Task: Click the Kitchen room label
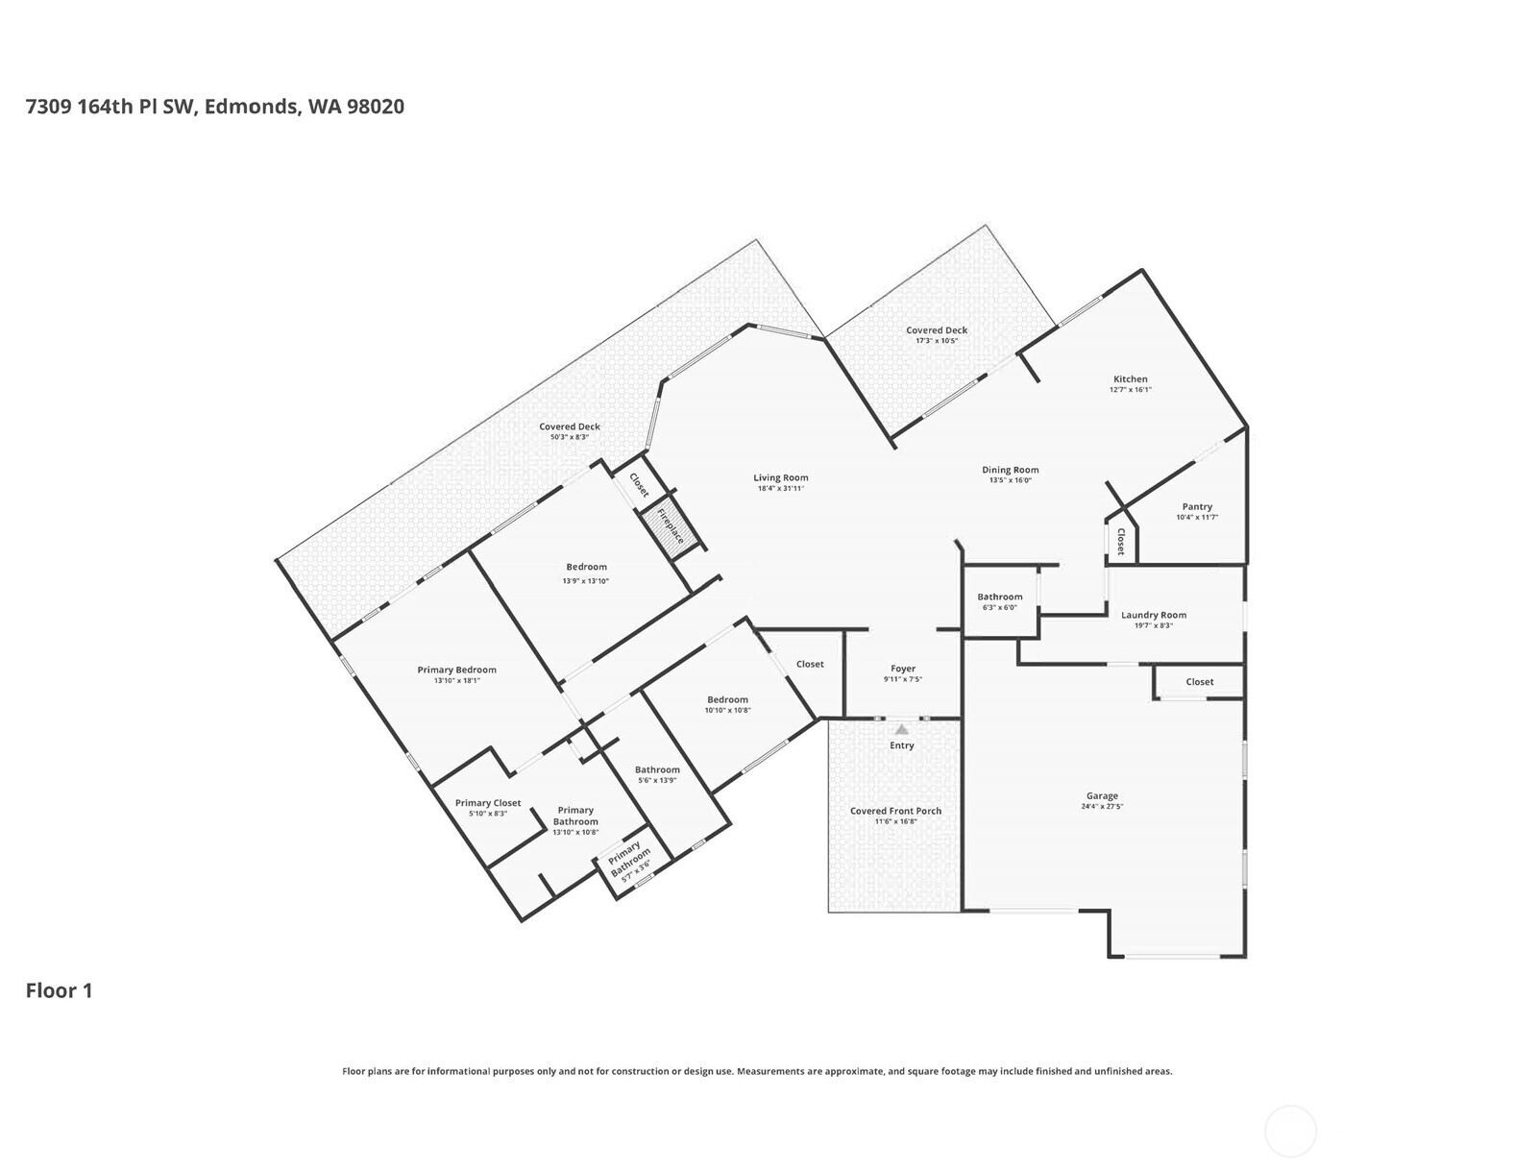point(1130,379)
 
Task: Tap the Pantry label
point(1197,506)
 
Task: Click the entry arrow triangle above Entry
point(901,730)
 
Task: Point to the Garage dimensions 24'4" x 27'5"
point(1102,807)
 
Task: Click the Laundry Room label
point(1153,615)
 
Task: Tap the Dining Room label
point(1010,470)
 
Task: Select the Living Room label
point(780,477)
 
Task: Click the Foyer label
point(902,669)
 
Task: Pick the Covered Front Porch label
point(895,811)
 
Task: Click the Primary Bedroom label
point(456,670)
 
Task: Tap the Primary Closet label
point(488,803)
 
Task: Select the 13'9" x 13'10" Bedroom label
point(586,567)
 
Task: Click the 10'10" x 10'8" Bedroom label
point(727,699)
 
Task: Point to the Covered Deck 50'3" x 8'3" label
point(569,427)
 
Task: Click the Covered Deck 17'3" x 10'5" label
point(937,330)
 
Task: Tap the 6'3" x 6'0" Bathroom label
point(1000,597)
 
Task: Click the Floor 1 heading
point(59,990)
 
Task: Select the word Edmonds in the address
point(250,107)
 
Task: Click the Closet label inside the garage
point(1199,682)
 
